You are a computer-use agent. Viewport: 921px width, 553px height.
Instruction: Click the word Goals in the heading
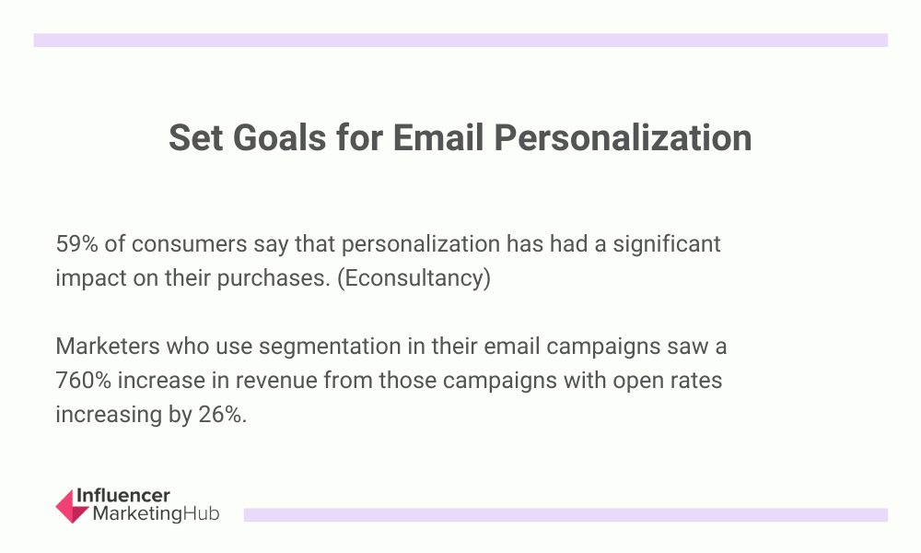[279, 138]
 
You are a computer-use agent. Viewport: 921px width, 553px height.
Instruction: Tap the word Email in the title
[438, 138]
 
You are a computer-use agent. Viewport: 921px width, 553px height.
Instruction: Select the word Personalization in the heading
[623, 138]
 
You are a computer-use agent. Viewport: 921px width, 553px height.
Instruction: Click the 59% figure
[76, 244]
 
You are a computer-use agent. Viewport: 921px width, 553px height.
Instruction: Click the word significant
[667, 244]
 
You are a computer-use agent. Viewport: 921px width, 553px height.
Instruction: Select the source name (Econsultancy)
[414, 278]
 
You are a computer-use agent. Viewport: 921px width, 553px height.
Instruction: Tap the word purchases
[274, 278]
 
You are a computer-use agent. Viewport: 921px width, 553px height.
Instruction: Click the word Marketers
[108, 347]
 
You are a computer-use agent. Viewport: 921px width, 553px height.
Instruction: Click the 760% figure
[84, 381]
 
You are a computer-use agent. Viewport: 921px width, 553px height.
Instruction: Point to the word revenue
[276, 381]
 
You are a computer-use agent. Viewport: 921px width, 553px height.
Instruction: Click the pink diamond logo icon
[72, 506]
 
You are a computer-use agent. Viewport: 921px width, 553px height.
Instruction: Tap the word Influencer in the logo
[123, 496]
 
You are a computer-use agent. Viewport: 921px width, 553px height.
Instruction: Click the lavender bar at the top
[460, 40]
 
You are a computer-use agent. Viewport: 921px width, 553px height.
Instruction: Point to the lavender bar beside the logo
[565, 515]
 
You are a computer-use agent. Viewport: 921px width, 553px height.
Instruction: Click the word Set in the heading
[195, 138]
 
